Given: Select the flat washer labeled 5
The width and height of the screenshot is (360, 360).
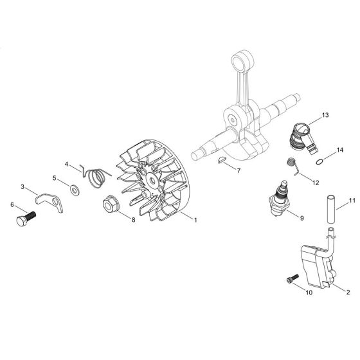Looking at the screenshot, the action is click(x=75, y=190).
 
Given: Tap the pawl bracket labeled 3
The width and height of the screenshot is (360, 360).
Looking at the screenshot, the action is click(x=50, y=202).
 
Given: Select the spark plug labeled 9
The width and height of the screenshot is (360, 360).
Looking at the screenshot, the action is click(x=280, y=198).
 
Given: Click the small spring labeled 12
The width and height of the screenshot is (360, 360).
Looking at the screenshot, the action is click(x=292, y=165).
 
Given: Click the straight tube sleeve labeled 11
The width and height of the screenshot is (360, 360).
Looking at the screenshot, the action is click(x=331, y=209).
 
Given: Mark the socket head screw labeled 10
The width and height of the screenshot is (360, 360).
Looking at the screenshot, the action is click(x=292, y=278).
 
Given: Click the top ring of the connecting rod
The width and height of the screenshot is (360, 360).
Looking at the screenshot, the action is click(x=243, y=60).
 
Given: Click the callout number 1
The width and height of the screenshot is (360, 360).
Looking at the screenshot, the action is click(x=195, y=220).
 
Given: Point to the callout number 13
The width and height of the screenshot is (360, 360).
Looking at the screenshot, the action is click(x=325, y=115).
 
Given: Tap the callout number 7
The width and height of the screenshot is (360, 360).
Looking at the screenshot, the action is click(x=239, y=170).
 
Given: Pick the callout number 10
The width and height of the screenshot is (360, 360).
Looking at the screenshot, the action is click(x=309, y=292).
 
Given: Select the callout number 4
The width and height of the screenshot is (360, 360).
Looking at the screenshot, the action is click(x=66, y=164).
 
